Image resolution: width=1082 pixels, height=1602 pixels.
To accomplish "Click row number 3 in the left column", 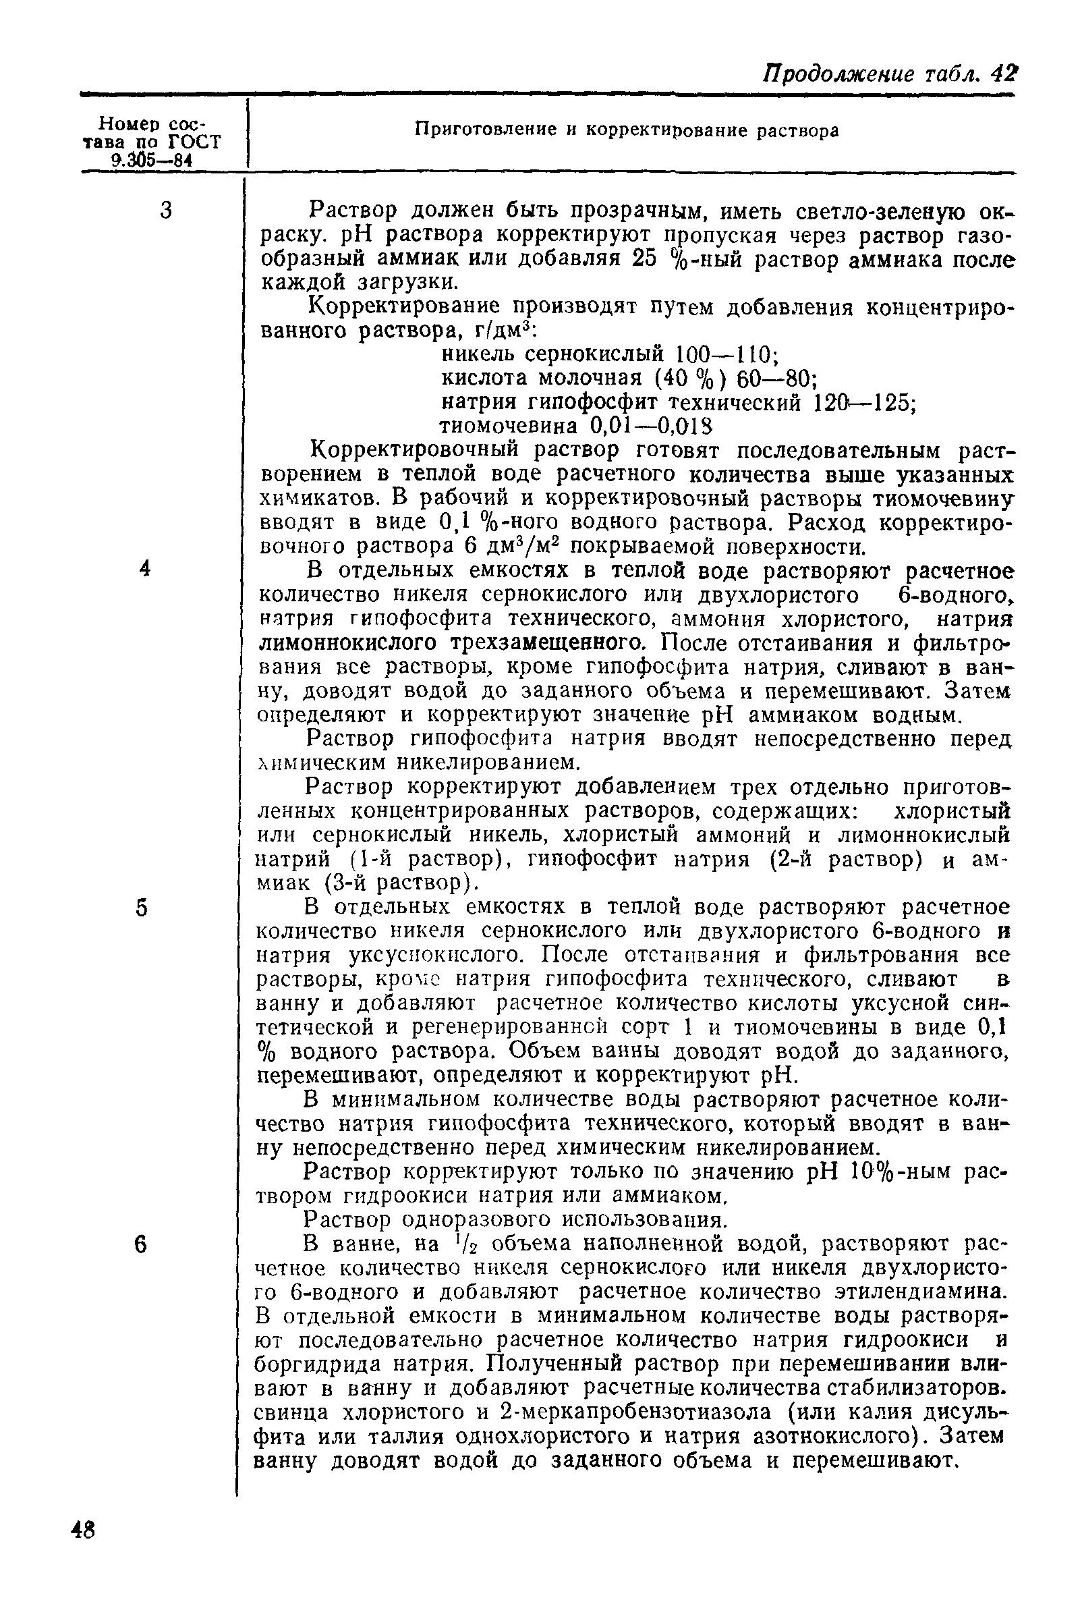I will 165,211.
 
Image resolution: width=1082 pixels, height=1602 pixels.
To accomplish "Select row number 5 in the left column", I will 141,908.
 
